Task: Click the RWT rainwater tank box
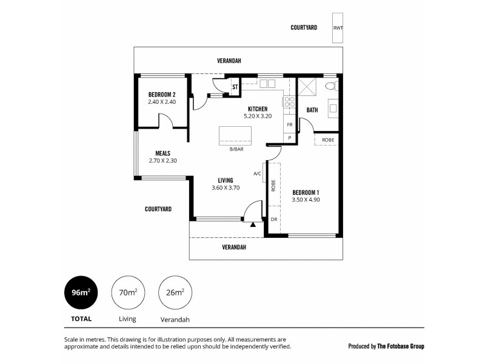coord(336,28)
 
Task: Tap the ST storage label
coord(235,87)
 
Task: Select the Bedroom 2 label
coord(162,95)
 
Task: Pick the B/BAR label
coord(233,149)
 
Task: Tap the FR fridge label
coord(290,124)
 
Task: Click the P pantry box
coord(290,138)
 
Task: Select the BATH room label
coord(312,110)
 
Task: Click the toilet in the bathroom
coord(331,86)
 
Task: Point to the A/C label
coord(257,174)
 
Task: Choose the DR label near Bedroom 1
coord(273,219)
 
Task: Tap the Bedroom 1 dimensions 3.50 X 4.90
coord(306,199)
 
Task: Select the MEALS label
coord(162,153)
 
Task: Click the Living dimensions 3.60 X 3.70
coord(226,188)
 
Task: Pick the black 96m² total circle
coord(81,292)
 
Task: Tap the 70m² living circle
coord(127,292)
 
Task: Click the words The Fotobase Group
coord(401,346)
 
